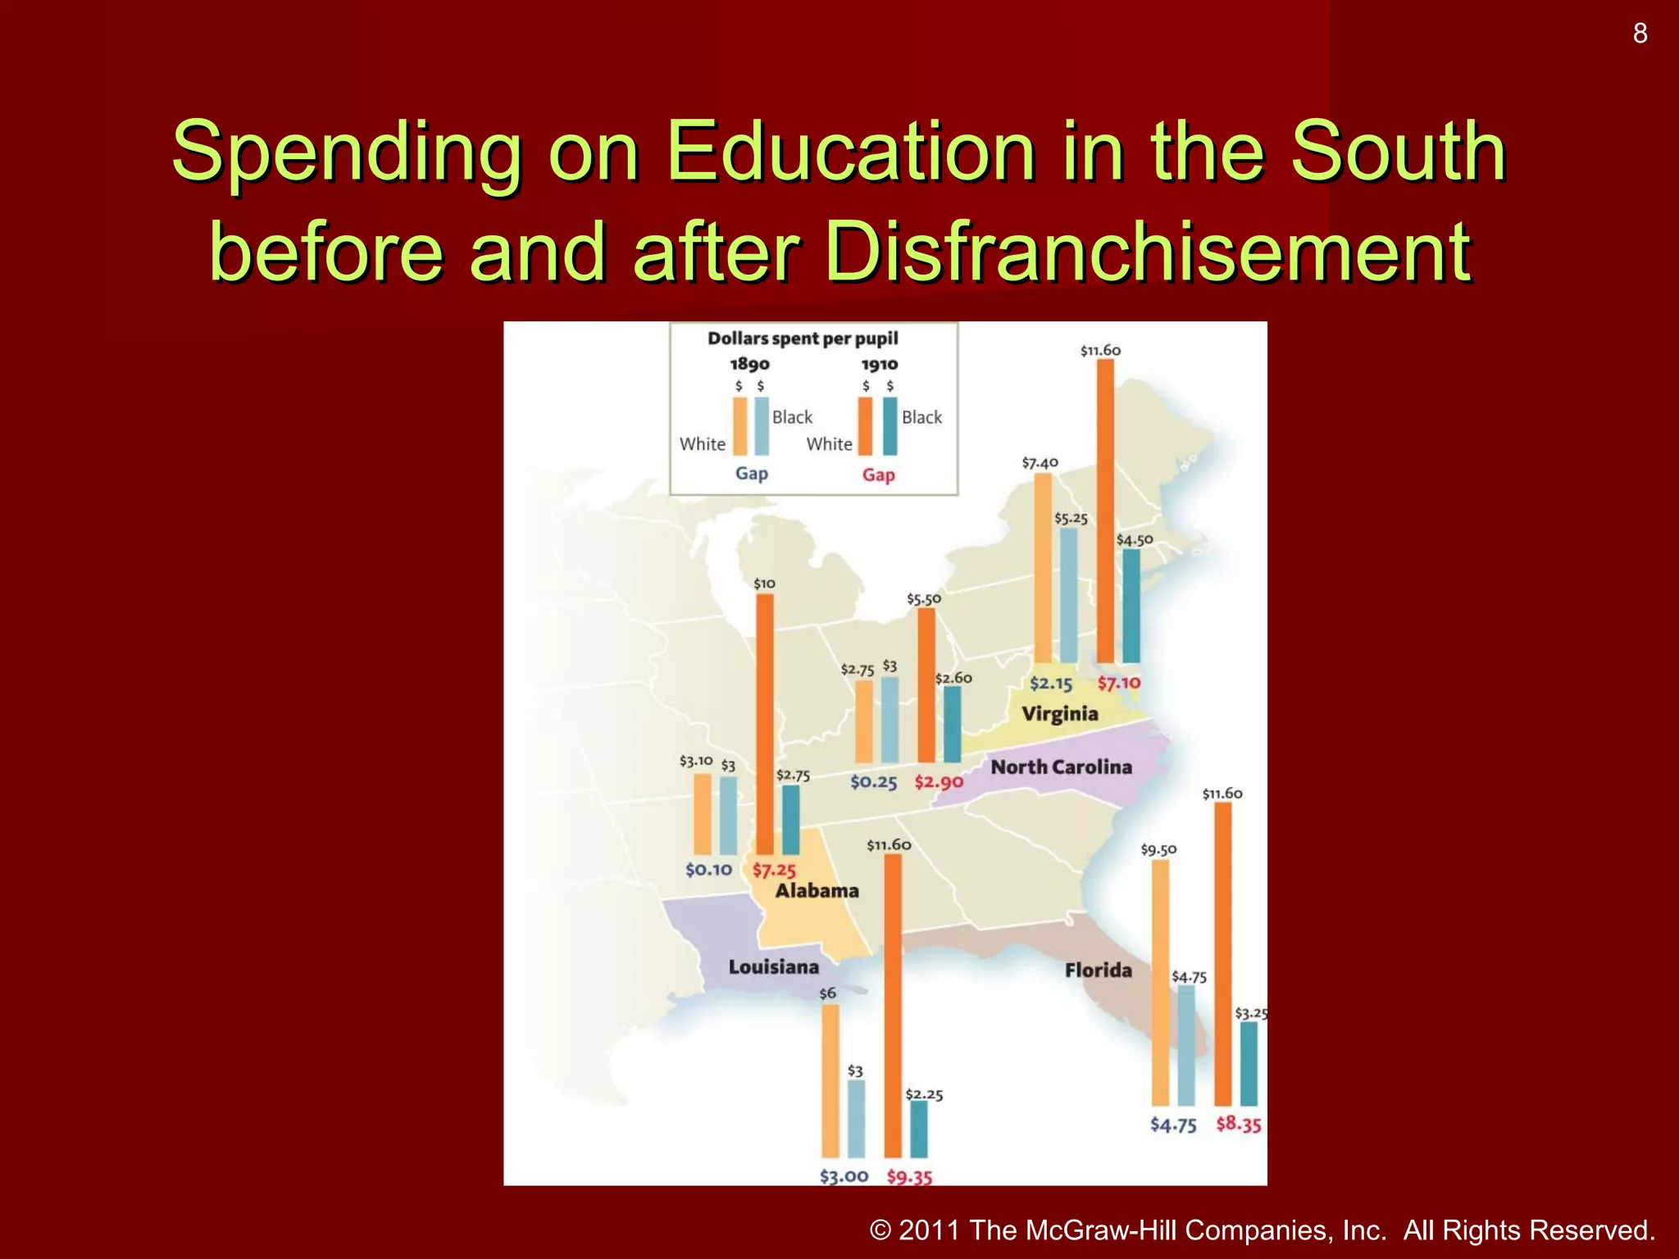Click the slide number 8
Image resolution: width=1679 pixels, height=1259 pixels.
click(x=1640, y=34)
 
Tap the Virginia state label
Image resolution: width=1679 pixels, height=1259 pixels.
click(x=1059, y=714)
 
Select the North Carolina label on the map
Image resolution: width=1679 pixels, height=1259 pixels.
click(x=1061, y=767)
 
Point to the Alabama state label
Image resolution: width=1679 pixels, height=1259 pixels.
click(x=817, y=891)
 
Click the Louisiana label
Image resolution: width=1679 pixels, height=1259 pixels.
click(x=773, y=967)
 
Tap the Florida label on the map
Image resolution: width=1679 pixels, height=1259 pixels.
click(x=1098, y=970)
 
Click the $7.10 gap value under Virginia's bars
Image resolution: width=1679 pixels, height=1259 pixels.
click(x=1119, y=683)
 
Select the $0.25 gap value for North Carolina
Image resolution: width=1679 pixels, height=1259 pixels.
click(x=873, y=782)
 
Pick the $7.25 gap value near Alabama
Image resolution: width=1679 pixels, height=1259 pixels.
click(x=774, y=870)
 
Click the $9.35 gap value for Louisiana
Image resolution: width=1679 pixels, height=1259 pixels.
click(x=909, y=1177)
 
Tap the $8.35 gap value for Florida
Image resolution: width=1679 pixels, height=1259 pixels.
click(x=1238, y=1124)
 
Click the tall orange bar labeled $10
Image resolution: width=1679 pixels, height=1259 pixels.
click(x=764, y=725)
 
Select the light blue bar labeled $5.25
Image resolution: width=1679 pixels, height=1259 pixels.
click(x=1068, y=595)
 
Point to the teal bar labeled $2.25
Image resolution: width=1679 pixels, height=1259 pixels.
click(x=919, y=1129)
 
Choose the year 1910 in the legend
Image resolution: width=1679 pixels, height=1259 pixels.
click(x=879, y=364)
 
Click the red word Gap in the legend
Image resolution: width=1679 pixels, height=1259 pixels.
click(x=878, y=475)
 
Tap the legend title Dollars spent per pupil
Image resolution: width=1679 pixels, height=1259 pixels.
click(x=803, y=339)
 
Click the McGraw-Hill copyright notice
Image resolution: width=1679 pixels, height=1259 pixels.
click(x=1262, y=1229)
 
